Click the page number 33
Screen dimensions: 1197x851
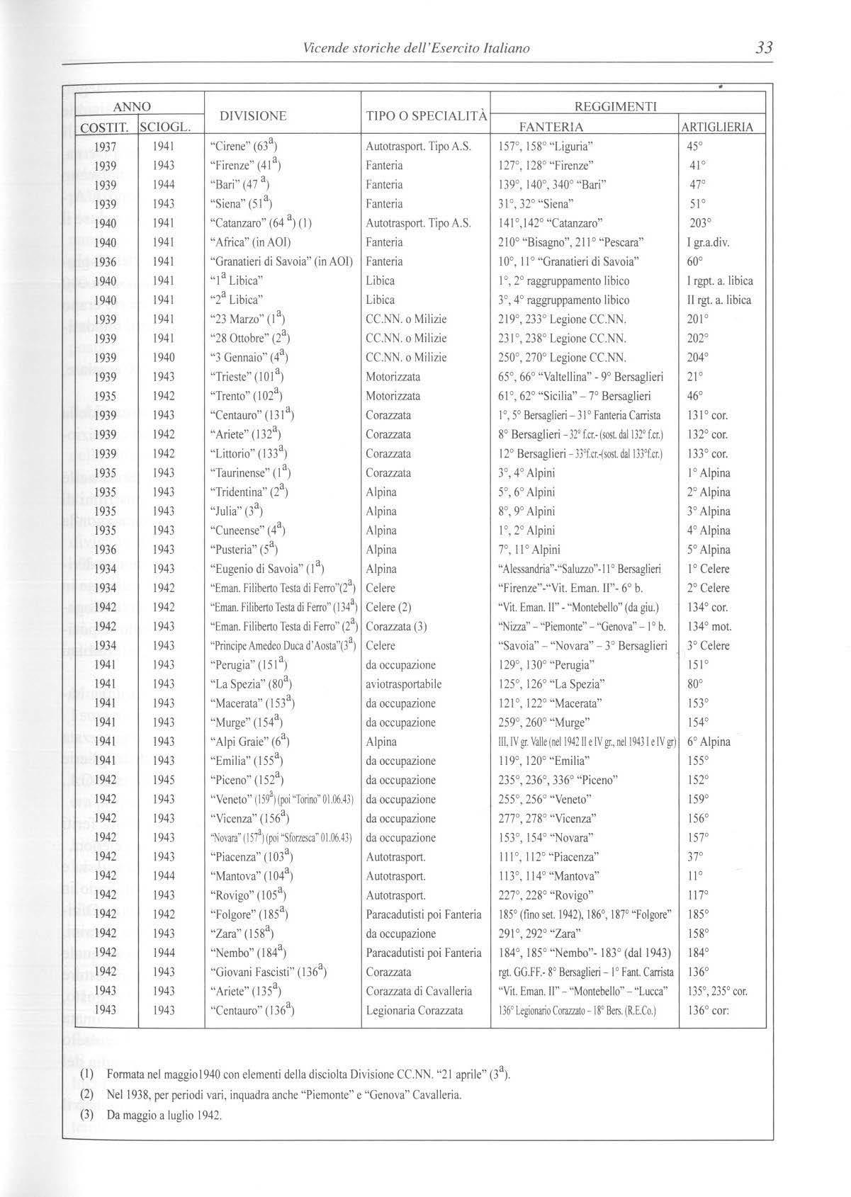click(763, 48)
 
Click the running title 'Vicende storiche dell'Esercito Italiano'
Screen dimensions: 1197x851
click(416, 49)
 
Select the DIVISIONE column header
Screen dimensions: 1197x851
click(253, 116)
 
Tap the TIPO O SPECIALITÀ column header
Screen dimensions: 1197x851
click(426, 116)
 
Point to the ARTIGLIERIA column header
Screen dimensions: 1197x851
click(717, 127)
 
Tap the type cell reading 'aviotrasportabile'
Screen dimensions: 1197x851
click(404, 684)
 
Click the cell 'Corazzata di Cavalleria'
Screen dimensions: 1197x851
click(419, 991)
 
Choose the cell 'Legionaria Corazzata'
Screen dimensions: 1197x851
click(415, 1010)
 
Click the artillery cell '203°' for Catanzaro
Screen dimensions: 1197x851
click(700, 223)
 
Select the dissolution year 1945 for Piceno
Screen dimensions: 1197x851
click(164, 780)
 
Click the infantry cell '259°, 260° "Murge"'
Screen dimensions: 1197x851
click(544, 722)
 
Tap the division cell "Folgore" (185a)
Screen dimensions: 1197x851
click(249, 914)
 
